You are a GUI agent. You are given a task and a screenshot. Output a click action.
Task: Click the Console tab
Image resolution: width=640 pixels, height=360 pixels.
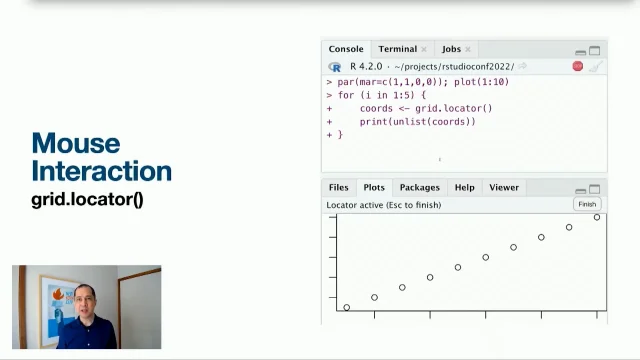pos(346,49)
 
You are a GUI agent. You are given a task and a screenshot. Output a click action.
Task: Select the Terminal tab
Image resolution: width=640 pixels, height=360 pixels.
pos(397,49)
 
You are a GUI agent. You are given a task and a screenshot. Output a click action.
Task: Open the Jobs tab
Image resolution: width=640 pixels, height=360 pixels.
pos(451,49)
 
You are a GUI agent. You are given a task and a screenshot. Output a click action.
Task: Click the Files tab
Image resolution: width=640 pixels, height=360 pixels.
pos(339,187)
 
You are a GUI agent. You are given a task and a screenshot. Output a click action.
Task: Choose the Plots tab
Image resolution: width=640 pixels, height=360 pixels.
pos(374,187)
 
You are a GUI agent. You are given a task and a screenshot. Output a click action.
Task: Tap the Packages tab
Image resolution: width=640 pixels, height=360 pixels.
pos(419,187)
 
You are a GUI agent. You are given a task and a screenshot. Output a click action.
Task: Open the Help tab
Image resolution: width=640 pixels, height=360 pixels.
pos(464,187)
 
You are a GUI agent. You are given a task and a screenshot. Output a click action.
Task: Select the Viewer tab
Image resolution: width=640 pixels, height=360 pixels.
pos(504,187)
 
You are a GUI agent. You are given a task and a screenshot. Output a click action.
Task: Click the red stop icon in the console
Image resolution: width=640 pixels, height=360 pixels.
pos(577,66)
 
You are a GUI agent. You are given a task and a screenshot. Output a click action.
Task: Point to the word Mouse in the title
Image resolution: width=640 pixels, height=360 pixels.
pos(75,143)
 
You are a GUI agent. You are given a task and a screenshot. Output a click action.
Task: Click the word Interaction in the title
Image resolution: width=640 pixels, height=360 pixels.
pos(101,170)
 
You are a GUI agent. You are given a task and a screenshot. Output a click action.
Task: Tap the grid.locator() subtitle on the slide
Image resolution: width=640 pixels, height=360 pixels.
pos(87,199)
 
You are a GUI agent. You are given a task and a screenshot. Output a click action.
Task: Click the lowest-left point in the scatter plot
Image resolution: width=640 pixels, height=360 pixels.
pos(347,307)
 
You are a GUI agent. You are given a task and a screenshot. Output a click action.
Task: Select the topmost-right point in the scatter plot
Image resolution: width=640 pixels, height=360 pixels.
pos(597,217)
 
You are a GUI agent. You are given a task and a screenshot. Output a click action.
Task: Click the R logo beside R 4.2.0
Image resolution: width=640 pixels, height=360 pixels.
pos(335,66)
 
